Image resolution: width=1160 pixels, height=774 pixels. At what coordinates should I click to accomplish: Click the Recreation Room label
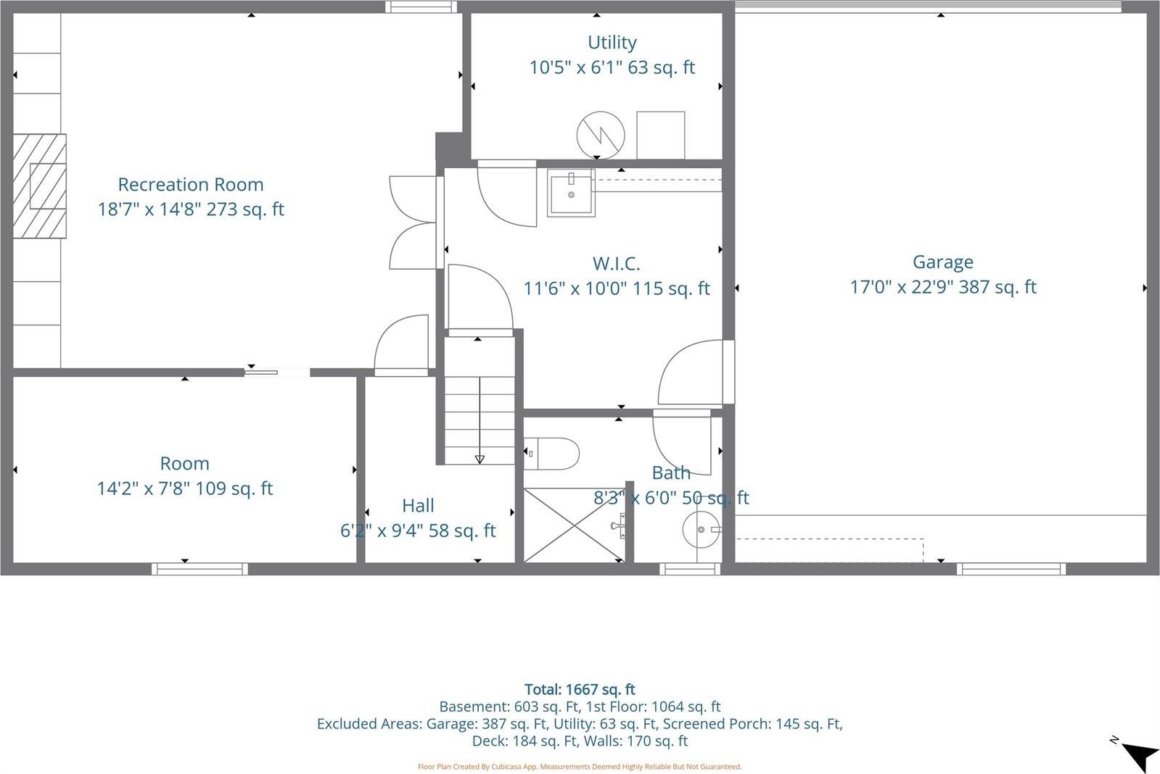coord(191,184)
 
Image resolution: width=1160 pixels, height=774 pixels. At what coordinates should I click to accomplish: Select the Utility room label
coord(612,42)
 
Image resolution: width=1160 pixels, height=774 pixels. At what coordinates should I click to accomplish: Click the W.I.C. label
coord(616,263)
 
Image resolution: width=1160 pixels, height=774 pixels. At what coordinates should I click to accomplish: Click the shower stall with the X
coord(572,525)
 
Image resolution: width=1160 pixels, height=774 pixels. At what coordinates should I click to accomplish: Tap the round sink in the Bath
coord(701,530)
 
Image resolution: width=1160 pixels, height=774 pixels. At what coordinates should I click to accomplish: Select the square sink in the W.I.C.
coord(571,193)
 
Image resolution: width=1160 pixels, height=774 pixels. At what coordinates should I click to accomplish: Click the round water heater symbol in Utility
coord(601,135)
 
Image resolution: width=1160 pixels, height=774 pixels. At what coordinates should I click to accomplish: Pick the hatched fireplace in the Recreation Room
coord(41,186)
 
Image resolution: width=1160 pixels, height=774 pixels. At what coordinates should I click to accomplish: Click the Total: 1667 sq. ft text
coord(580,689)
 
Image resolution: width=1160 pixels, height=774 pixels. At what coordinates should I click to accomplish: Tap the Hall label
coord(418,505)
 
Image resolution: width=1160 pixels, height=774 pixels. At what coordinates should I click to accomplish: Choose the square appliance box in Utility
coord(660,135)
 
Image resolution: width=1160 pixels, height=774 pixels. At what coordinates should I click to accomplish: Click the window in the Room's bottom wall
coord(199,569)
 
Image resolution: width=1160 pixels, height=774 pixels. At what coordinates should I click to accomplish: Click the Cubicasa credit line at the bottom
coord(580,766)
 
